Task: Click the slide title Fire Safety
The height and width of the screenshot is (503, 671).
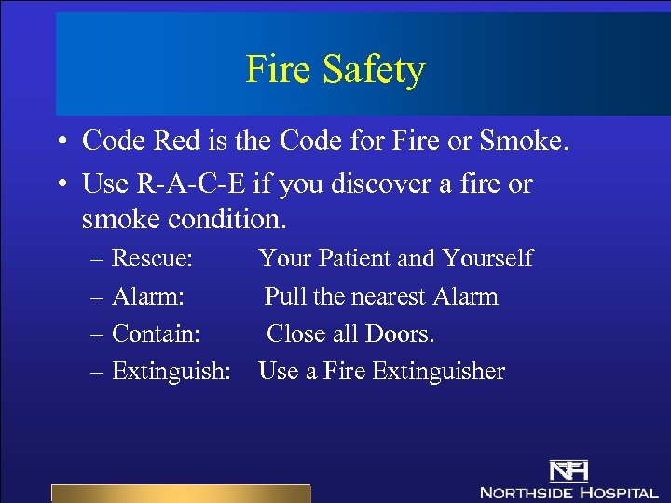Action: pos(335,70)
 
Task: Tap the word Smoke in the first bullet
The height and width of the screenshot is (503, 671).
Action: pos(522,142)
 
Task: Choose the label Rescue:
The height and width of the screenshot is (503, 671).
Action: pos(152,258)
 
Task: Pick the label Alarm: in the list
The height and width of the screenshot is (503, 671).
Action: pos(147,297)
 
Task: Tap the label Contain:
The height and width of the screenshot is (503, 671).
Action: pos(156,333)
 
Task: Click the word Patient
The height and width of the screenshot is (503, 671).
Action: pos(357,258)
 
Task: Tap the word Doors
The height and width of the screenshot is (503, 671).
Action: pos(405,333)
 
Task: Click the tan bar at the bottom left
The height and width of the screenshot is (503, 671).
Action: pos(180,494)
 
